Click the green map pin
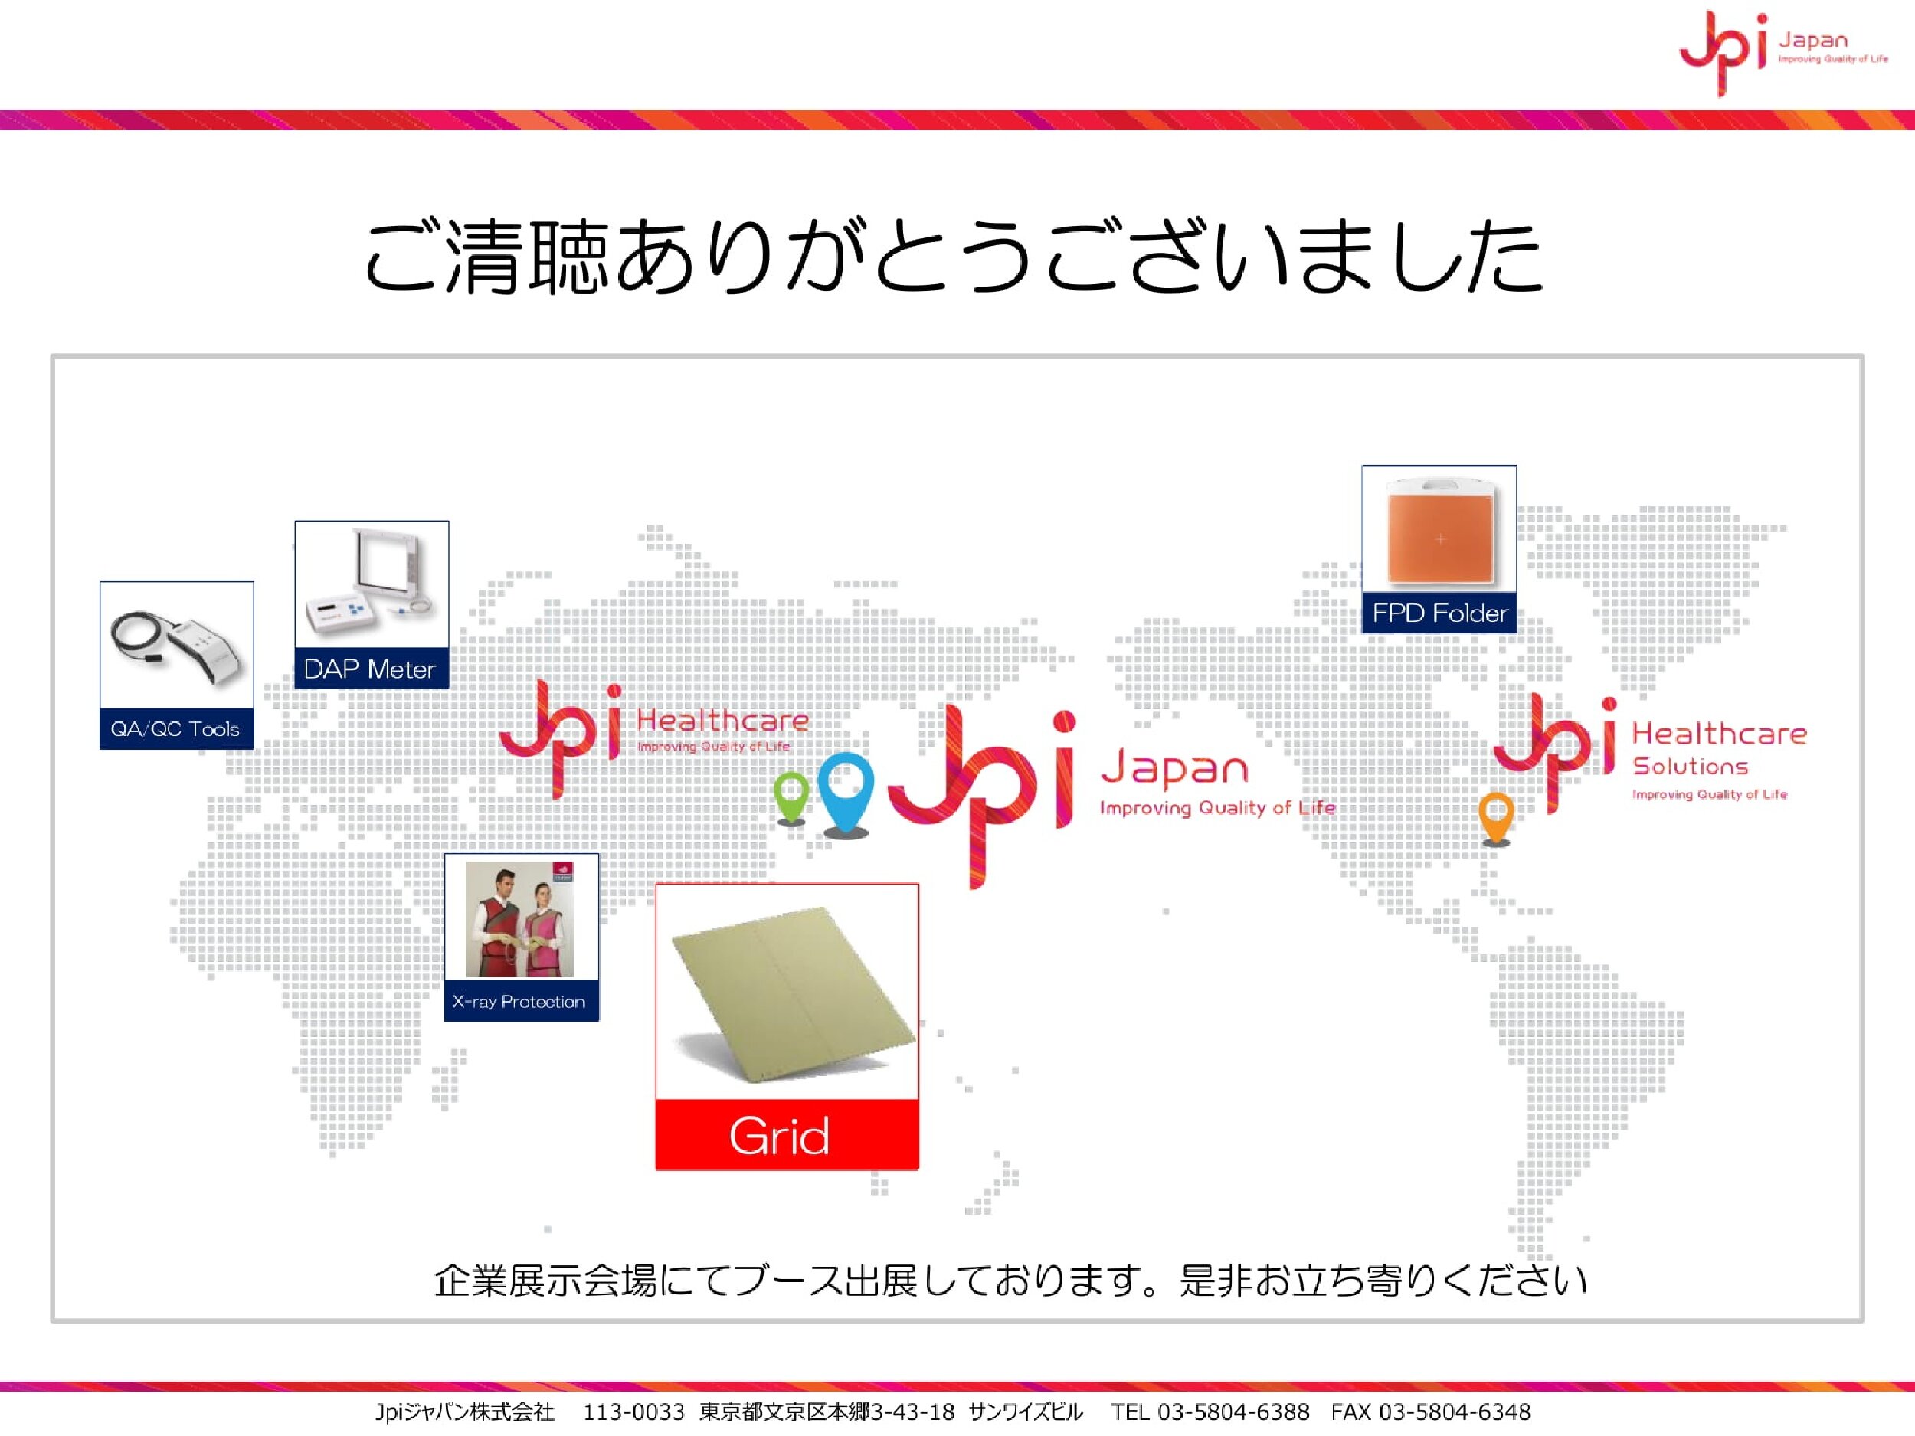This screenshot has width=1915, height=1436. tap(791, 797)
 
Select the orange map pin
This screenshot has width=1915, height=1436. tap(1496, 817)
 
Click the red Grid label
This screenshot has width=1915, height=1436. tap(787, 1135)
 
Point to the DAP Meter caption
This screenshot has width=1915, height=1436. tap(370, 669)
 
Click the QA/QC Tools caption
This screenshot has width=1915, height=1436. tap(175, 729)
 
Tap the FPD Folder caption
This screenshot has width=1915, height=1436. tap(1440, 613)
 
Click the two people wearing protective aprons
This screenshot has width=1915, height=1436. tap(519, 919)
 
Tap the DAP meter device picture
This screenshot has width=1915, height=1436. tap(372, 584)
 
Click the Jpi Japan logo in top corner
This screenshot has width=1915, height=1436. tap(1783, 52)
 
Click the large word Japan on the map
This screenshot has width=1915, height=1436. tap(1174, 769)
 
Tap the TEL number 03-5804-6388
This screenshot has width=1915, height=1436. tap(1232, 1412)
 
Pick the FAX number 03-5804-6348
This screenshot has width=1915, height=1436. tap(1455, 1412)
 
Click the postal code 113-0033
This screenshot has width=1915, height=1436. tap(633, 1412)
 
